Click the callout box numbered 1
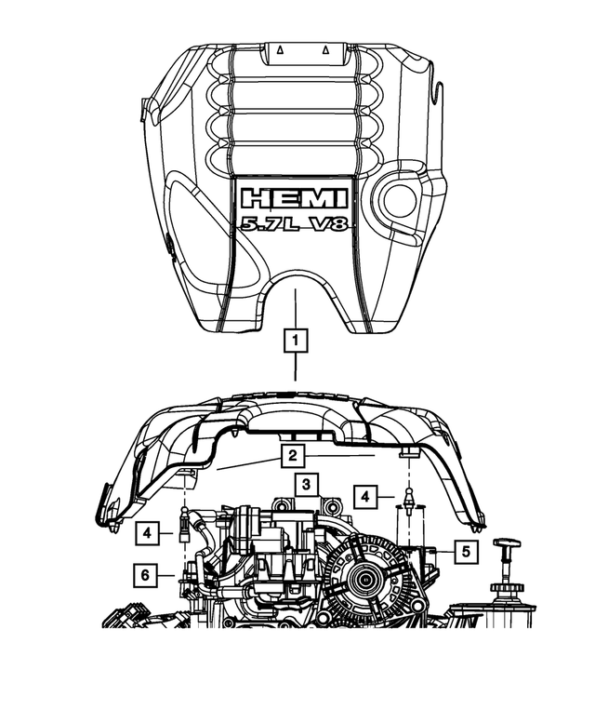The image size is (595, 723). tap(295, 342)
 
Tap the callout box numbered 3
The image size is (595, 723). tap(306, 483)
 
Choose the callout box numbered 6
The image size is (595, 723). tap(145, 575)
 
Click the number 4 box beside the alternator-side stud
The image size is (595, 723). tap(367, 496)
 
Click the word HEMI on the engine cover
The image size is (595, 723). tap(294, 198)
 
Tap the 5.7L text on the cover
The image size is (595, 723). tap(266, 224)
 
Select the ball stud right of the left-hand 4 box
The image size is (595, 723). tap(186, 528)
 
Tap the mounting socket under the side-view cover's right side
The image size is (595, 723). tap(406, 452)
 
